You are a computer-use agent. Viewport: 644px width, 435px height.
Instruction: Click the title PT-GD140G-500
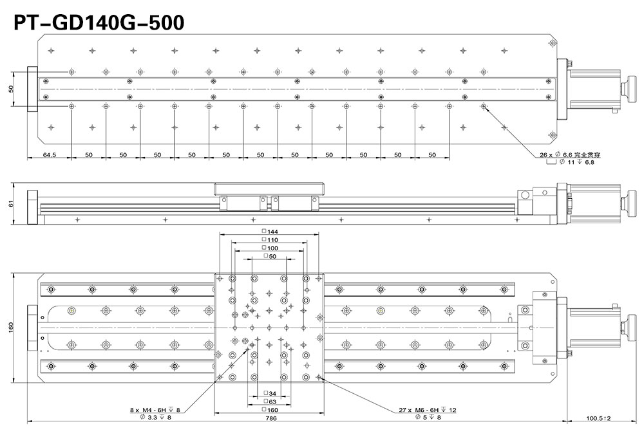[99, 23]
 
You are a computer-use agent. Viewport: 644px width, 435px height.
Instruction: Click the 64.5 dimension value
[50, 154]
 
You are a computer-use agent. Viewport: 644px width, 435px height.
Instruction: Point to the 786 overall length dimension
[271, 418]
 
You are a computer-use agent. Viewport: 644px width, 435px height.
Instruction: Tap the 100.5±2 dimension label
[598, 418]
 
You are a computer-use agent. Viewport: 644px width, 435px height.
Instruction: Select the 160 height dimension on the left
[11, 328]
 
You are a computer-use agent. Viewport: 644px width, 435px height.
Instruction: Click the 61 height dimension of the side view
[11, 203]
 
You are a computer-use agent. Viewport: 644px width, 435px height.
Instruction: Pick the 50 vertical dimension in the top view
[11, 89]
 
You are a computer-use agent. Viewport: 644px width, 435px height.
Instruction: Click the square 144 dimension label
[270, 232]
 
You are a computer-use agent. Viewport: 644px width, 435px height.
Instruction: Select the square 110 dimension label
[270, 239]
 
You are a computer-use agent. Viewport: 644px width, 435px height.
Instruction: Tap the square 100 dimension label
[270, 248]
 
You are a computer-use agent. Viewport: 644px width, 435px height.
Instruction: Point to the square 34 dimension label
[270, 394]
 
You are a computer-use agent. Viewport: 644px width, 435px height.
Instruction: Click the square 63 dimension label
[270, 402]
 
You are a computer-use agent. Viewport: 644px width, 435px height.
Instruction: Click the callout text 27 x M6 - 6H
[418, 409]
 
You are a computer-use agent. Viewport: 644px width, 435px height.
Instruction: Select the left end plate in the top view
[32, 89]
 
